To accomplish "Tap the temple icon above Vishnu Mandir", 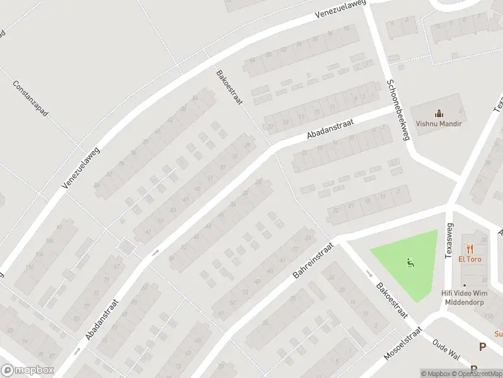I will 439,114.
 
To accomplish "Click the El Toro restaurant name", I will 469,259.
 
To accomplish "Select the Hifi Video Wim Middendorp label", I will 465,297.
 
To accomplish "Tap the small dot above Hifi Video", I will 465,285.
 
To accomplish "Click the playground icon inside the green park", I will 411,263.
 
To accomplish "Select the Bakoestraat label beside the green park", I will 392,301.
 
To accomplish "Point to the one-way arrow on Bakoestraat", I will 369,273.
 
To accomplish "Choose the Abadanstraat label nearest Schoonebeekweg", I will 331,128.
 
